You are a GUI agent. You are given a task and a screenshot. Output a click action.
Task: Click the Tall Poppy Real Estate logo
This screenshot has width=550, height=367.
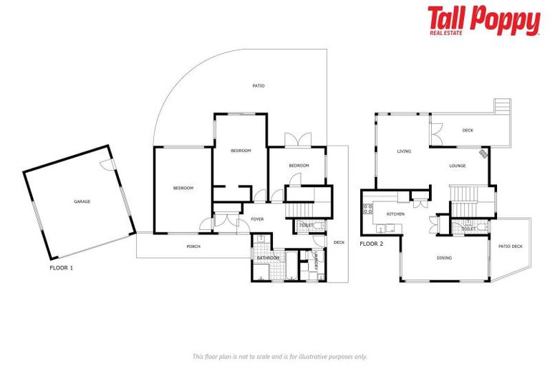point(483,20)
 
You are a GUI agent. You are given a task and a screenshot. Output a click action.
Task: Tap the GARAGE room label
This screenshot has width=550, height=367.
point(82,202)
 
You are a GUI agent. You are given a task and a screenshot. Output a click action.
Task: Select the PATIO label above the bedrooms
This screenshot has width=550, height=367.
point(259,86)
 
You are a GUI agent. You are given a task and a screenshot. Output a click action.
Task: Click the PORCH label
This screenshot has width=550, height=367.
point(193,247)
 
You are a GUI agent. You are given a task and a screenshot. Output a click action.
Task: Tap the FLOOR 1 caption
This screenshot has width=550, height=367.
point(61,268)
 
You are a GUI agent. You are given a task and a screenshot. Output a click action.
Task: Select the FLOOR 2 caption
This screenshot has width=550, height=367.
point(372,244)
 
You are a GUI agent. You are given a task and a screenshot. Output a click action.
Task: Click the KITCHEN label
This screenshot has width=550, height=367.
point(396,214)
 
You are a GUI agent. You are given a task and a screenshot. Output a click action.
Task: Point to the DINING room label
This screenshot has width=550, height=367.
point(444,257)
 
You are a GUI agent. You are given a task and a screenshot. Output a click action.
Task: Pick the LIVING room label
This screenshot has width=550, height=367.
point(404,151)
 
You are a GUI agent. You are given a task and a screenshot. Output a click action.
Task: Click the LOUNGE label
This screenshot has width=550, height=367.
point(458,166)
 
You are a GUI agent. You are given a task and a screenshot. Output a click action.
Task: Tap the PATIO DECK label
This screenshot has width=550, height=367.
point(511,247)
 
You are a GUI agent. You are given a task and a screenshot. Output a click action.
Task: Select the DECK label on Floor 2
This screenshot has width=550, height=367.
point(468,130)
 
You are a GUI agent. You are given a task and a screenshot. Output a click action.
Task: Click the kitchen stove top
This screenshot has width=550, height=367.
point(369,210)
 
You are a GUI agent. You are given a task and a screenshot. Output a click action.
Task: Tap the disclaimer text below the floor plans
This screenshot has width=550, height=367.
point(280,356)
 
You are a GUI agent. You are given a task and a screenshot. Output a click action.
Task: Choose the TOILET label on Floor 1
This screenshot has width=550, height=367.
point(306,225)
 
